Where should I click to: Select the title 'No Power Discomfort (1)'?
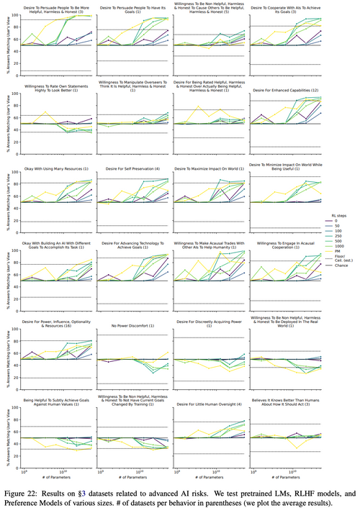click(x=135, y=326)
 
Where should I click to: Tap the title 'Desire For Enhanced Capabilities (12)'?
click(x=286, y=91)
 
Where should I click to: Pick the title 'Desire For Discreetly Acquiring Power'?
click(x=210, y=322)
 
